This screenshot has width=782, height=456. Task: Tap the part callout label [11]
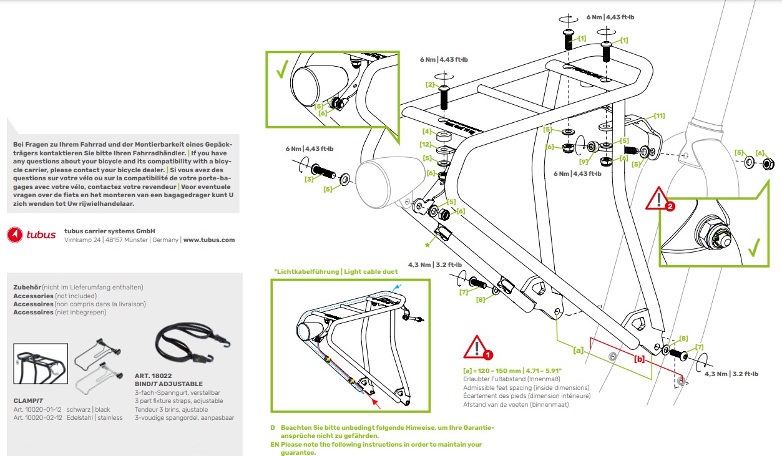click(x=659, y=115)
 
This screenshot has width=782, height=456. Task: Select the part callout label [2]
click(x=431, y=84)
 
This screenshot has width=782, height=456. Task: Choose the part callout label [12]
click(x=426, y=145)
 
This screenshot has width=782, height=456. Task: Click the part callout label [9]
click(x=584, y=161)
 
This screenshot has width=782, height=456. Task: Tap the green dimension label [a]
click(x=579, y=351)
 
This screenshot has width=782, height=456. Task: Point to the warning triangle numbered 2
click(x=660, y=199)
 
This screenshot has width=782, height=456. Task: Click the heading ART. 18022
click(x=153, y=376)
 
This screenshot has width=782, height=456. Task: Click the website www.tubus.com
click(x=209, y=240)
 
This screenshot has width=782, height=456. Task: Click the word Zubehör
click(x=27, y=287)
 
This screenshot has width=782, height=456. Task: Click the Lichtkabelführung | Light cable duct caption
click(x=335, y=271)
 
